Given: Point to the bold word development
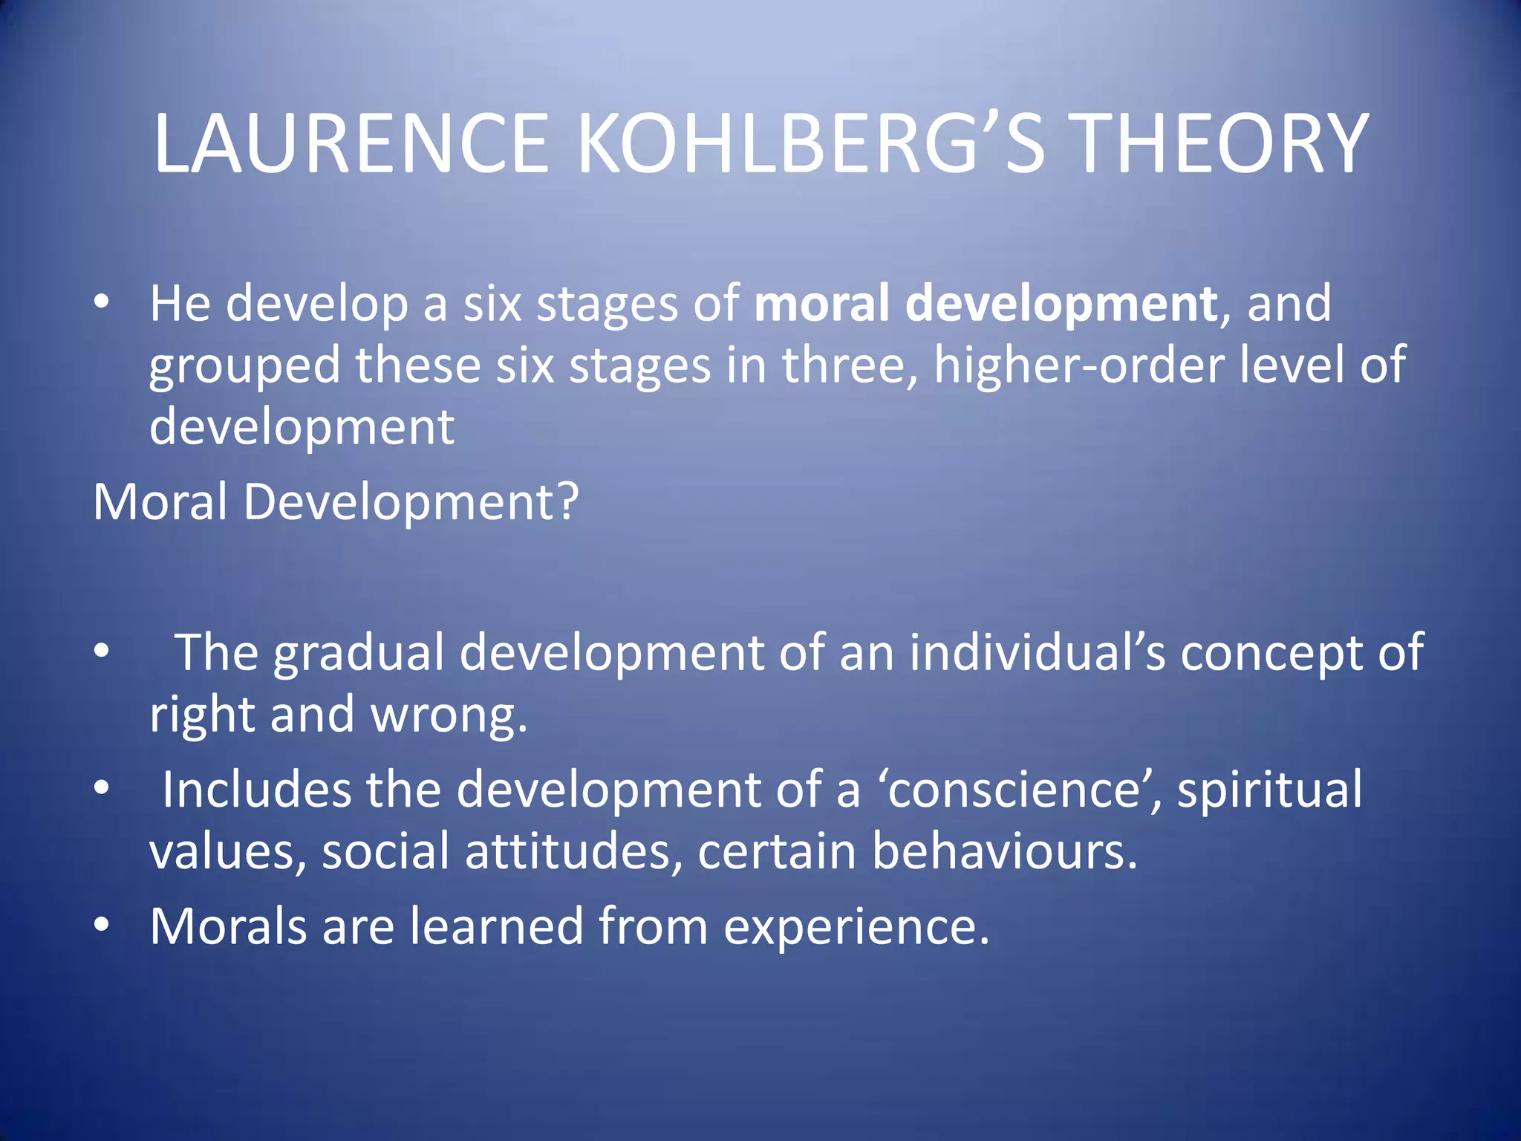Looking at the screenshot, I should click(x=1061, y=305).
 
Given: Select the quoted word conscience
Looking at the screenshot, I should click(x=1014, y=789).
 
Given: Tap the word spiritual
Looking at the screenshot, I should click(x=1270, y=790).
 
